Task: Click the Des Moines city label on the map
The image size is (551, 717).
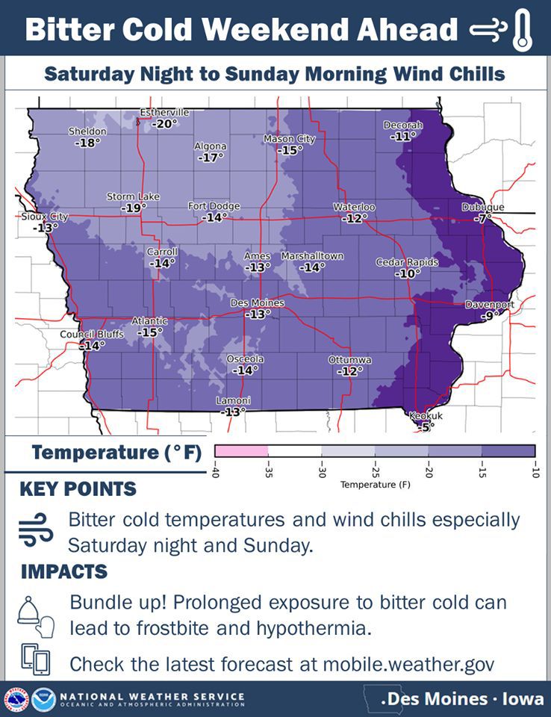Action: coord(257,303)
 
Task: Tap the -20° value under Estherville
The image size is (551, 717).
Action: coord(165,124)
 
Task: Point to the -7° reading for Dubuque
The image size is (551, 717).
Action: coord(484,219)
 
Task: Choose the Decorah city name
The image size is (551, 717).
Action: coord(402,125)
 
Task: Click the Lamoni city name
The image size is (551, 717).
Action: coord(233,401)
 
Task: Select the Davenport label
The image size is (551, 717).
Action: coord(490,305)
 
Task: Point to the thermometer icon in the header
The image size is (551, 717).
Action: coord(523,30)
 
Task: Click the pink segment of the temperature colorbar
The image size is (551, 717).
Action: coord(241,451)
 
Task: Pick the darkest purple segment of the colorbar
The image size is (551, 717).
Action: coord(508,451)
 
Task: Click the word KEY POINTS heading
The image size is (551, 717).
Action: coord(78,489)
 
